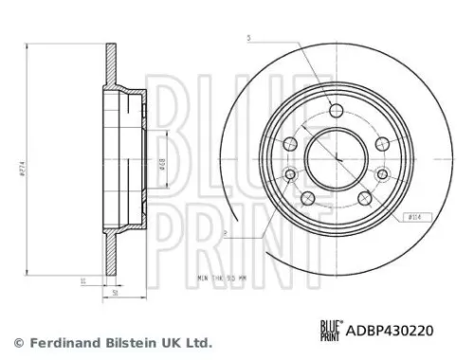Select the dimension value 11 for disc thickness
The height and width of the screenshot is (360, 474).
(x=83, y=281)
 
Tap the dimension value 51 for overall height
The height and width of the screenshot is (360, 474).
(x=116, y=293)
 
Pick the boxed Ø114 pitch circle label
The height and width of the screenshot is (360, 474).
(x=413, y=217)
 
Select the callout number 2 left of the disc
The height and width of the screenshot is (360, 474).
(x=225, y=230)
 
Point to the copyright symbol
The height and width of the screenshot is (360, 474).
(x=17, y=342)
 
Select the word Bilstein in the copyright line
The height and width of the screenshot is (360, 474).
(x=124, y=342)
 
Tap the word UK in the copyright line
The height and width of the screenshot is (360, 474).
(x=168, y=342)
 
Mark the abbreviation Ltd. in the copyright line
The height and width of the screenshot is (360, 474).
(x=196, y=342)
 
